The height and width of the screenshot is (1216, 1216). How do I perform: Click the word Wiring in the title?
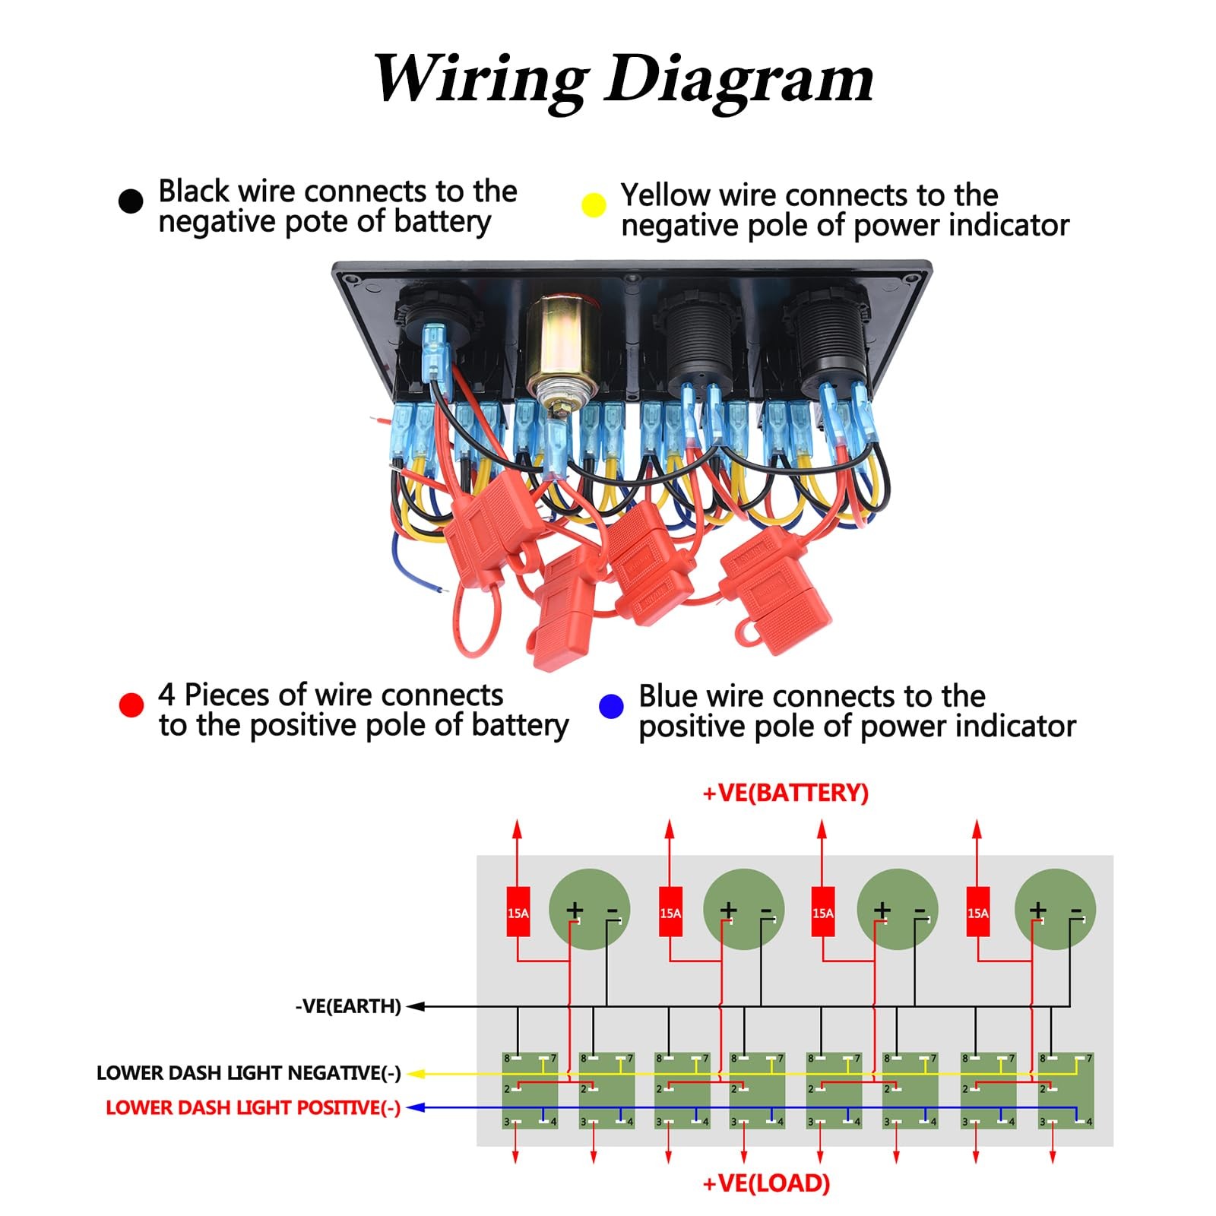tap(480, 78)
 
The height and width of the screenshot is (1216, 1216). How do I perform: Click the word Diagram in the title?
tap(739, 80)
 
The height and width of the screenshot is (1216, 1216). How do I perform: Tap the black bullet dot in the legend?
tap(131, 201)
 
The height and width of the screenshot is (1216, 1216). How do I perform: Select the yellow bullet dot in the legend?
tap(594, 205)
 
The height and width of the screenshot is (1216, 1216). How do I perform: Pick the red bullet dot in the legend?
tap(131, 705)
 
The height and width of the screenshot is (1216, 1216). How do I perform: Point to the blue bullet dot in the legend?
tap(611, 706)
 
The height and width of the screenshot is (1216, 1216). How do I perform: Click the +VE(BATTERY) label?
tap(785, 793)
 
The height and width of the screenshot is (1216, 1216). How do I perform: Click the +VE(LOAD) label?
tap(766, 1183)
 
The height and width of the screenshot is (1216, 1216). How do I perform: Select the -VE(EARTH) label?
tap(348, 1006)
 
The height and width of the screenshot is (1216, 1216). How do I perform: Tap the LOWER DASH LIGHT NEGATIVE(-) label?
tap(249, 1073)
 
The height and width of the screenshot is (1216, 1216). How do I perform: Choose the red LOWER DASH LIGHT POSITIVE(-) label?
tap(253, 1108)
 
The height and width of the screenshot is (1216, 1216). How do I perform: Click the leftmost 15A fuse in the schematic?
tap(518, 912)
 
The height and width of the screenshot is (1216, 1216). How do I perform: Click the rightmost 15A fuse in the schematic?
tap(978, 912)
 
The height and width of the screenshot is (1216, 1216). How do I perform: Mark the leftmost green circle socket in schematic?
tap(589, 909)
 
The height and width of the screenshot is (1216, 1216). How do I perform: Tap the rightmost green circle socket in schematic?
tap(1055, 909)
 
